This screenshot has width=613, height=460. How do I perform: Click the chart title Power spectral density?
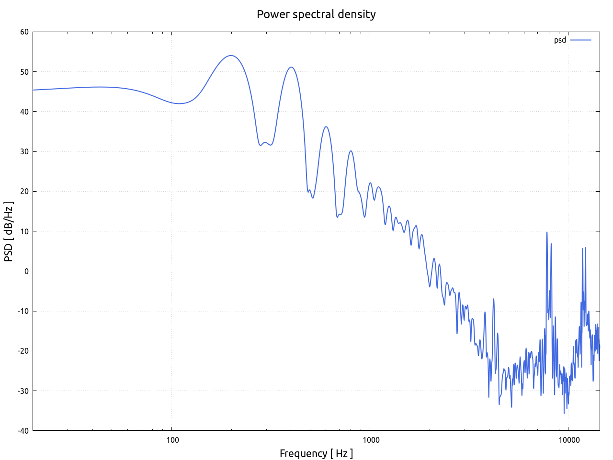(x=316, y=14)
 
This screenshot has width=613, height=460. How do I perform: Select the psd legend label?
(x=560, y=40)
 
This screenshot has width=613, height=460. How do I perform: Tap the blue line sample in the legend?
(x=580, y=40)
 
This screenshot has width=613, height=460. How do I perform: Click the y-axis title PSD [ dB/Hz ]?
(x=9, y=231)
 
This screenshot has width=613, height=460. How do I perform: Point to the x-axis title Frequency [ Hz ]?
(x=316, y=453)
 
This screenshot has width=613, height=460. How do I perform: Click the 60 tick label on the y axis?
(x=24, y=32)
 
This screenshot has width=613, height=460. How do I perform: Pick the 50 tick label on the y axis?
(x=24, y=72)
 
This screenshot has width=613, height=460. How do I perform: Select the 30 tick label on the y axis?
(x=24, y=151)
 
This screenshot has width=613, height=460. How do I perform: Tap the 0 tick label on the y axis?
(x=26, y=271)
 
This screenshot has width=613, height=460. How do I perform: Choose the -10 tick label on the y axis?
(x=23, y=311)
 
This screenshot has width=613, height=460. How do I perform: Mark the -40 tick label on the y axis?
(x=23, y=430)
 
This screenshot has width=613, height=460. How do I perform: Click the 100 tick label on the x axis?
(x=172, y=440)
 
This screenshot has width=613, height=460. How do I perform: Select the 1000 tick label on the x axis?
(x=370, y=440)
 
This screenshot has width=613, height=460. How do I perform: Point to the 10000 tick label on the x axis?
(x=568, y=440)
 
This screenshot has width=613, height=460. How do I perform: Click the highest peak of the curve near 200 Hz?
(x=231, y=56)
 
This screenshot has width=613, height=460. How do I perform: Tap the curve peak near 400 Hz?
(x=291, y=67)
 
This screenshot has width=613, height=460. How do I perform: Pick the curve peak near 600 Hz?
(x=326, y=126)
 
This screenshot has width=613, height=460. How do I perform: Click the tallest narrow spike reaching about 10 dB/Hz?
(x=546, y=232)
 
